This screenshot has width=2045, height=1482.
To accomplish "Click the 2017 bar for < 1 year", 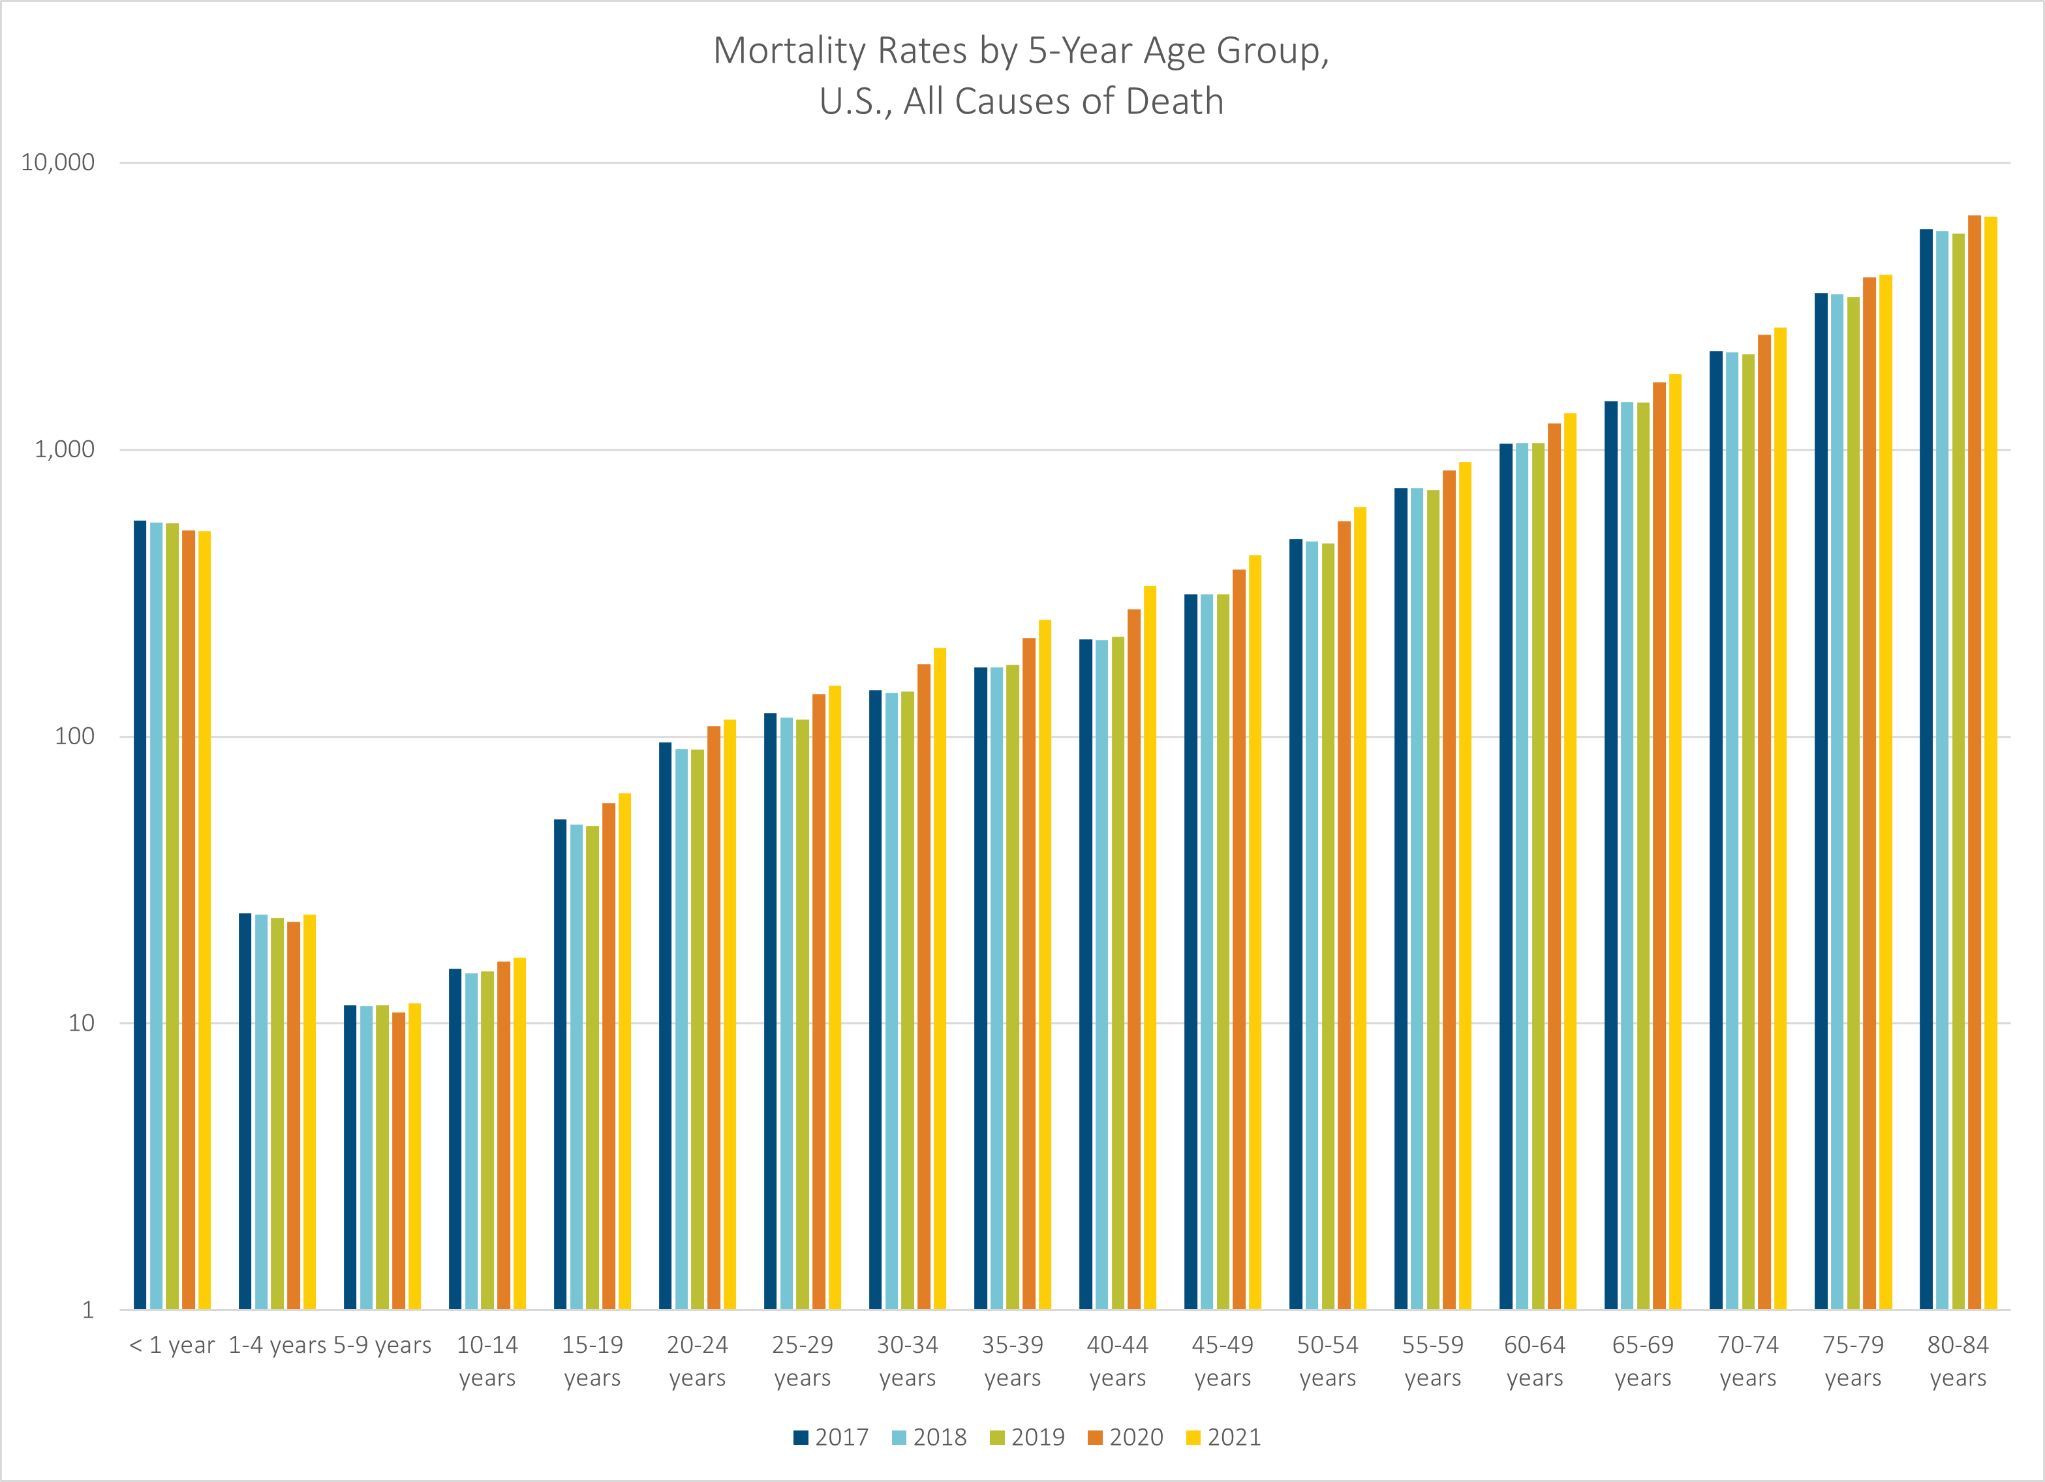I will click(x=140, y=915).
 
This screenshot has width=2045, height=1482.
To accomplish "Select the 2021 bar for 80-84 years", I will click(x=1990, y=763).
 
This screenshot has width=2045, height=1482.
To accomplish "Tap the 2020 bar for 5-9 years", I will click(x=399, y=1161).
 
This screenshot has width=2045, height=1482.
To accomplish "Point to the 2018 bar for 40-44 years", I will click(x=1102, y=975).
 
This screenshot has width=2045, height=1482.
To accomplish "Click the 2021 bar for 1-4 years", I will click(x=309, y=1111).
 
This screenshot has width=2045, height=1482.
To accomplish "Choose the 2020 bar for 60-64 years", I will click(x=1554, y=866).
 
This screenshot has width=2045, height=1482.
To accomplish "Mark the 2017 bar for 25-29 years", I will click(x=770, y=1012).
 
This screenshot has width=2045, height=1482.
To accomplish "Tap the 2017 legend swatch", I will click(x=801, y=1438).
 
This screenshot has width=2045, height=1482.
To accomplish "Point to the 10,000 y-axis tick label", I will click(x=57, y=162).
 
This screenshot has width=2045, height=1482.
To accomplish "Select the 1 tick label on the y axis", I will click(x=88, y=1310).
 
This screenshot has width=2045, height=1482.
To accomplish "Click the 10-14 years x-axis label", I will click(x=487, y=1361).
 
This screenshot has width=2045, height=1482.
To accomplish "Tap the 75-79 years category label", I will click(x=1853, y=1361).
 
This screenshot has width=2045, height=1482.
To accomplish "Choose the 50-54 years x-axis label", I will click(x=1327, y=1361).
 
